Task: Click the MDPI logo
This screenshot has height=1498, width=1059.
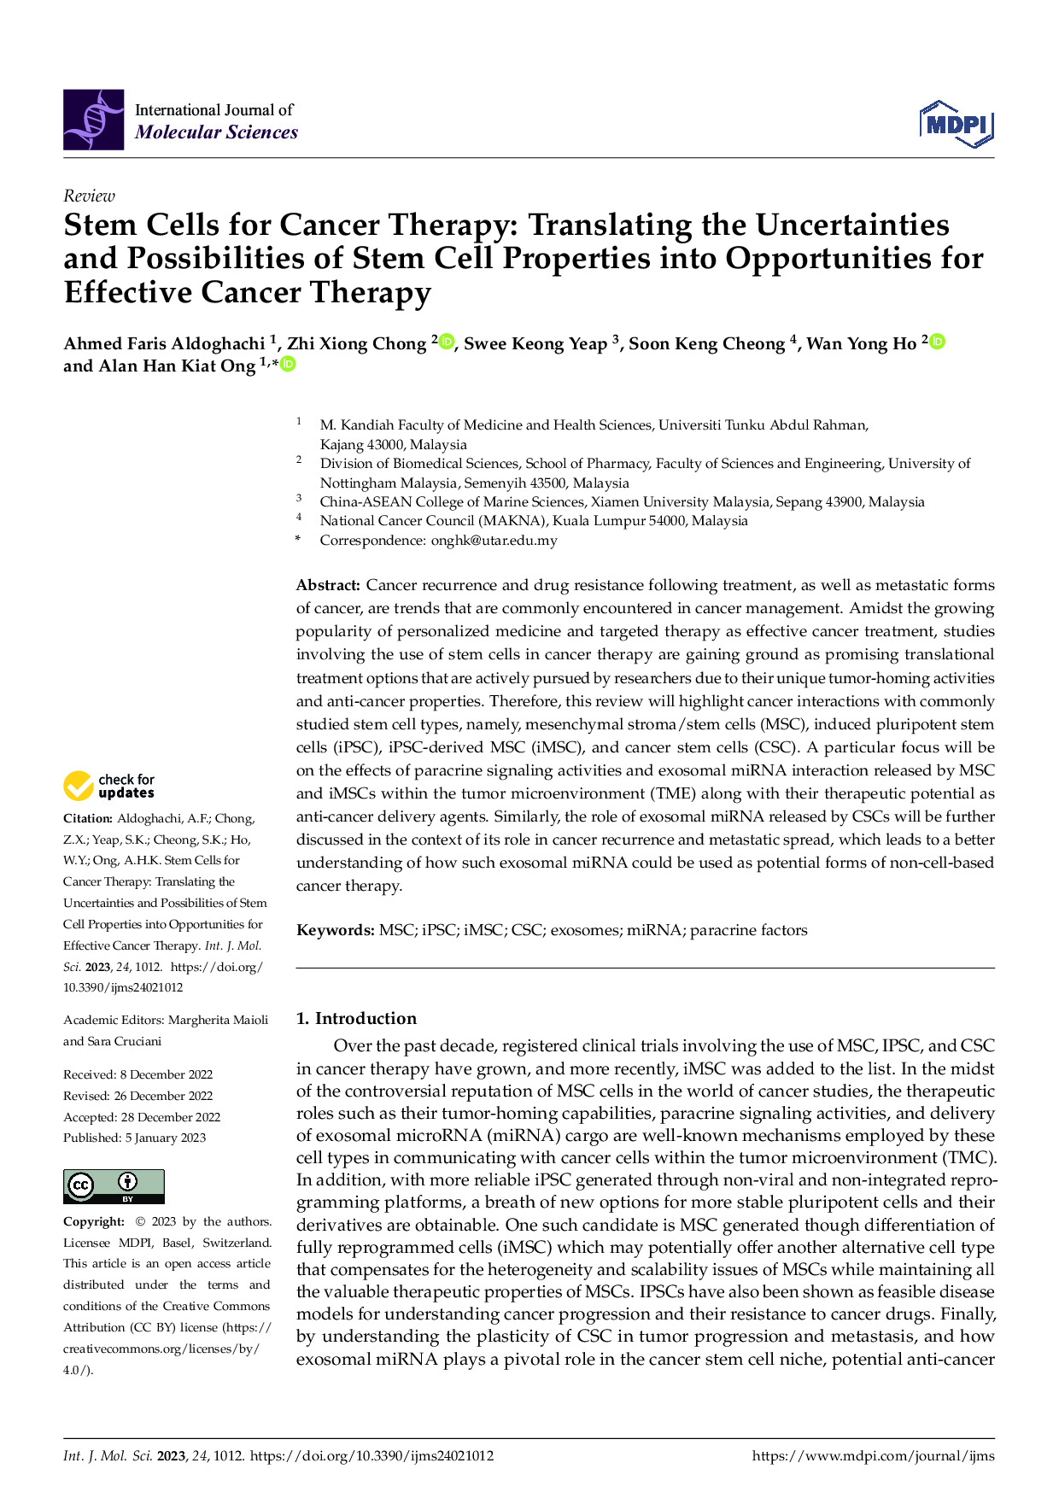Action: pyautogui.click(x=957, y=124)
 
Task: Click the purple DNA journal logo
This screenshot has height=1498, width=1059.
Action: pyautogui.click(x=93, y=120)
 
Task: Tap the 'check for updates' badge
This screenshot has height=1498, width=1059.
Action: pyautogui.click(x=109, y=786)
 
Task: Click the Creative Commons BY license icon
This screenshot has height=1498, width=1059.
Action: pyautogui.click(x=114, y=1186)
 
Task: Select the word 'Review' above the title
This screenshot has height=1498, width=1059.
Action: pyautogui.click(x=89, y=196)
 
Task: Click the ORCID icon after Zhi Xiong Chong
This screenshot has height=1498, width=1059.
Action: pyautogui.click(x=447, y=342)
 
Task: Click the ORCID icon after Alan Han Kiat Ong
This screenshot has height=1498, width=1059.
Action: pyautogui.click(x=289, y=365)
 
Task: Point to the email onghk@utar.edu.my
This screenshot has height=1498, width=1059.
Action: pyautogui.click(x=494, y=540)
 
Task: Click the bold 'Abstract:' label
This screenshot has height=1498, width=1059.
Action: pyautogui.click(x=328, y=585)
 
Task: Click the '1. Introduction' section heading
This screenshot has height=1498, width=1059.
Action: pyautogui.click(x=356, y=1018)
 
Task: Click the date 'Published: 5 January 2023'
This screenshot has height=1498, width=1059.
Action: pyautogui.click(x=134, y=1138)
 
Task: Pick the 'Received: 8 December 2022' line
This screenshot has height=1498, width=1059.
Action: pyautogui.click(x=137, y=1074)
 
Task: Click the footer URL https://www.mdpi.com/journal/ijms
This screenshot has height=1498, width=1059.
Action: pyautogui.click(x=873, y=1456)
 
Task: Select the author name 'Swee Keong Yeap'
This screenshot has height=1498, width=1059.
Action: pyautogui.click(x=535, y=343)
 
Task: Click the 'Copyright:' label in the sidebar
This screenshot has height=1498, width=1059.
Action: pyautogui.click(x=94, y=1221)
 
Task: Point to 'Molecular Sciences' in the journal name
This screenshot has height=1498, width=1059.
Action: pyautogui.click(x=216, y=132)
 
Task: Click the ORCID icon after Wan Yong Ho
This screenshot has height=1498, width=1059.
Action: pyautogui.click(x=937, y=342)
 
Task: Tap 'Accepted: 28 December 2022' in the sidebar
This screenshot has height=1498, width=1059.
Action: pyautogui.click(x=142, y=1117)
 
